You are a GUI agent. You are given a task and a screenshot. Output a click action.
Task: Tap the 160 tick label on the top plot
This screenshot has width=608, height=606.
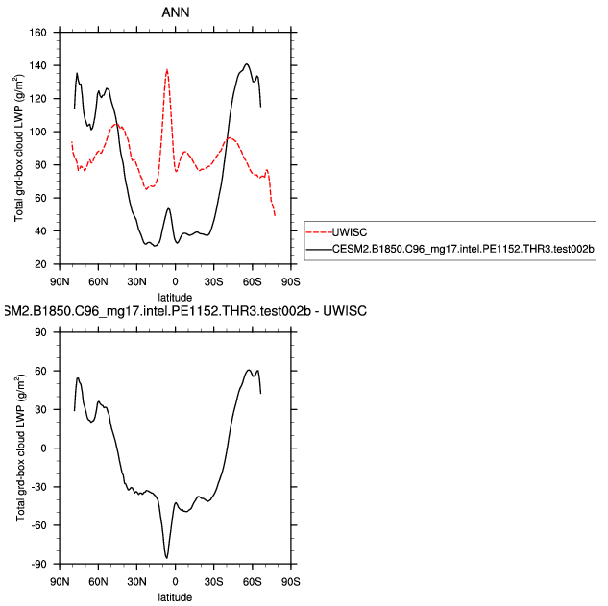pyautogui.click(x=39, y=33)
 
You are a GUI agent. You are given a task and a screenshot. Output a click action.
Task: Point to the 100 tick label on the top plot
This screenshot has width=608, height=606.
pyautogui.click(x=39, y=132)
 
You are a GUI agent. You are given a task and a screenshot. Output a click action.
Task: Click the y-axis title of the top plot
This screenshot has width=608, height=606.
pyautogui.click(x=19, y=148)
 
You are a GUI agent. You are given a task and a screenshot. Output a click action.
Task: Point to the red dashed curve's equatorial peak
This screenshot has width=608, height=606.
pyautogui.click(x=167, y=69)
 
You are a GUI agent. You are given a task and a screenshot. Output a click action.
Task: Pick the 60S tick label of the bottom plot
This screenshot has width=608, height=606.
pyautogui.click(x=253, y=581)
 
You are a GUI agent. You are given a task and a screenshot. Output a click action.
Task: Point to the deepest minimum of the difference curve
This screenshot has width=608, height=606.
pyautogui.click(x=167, y=557)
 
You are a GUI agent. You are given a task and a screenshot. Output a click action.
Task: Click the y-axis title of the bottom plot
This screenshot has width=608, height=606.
pyautogui.click(x=19, y=448)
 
